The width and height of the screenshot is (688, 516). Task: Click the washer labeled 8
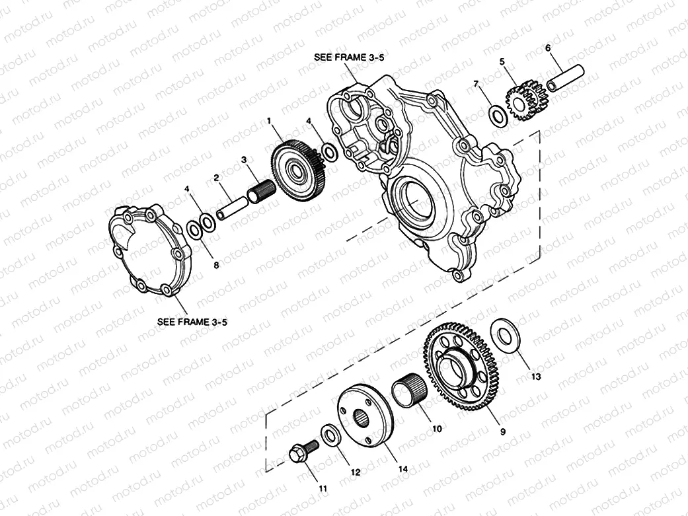click(195, 231)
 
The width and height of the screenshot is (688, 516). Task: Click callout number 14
click(402, 469)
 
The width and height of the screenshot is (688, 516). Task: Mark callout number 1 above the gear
click(269, 121)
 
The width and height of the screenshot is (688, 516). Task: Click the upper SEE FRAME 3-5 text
click(348, 57)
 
